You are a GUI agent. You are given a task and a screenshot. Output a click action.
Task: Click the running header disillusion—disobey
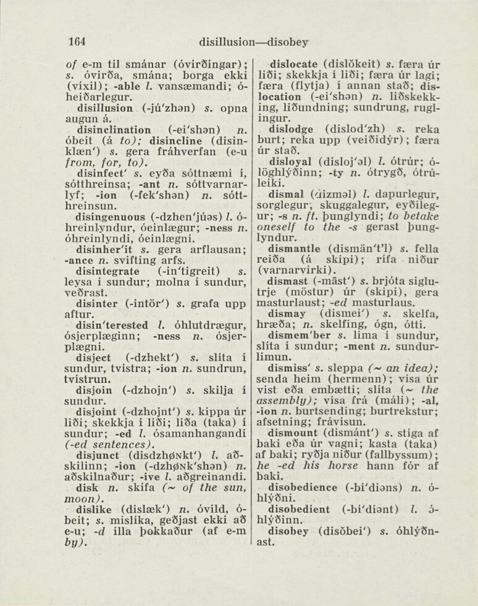253,42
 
